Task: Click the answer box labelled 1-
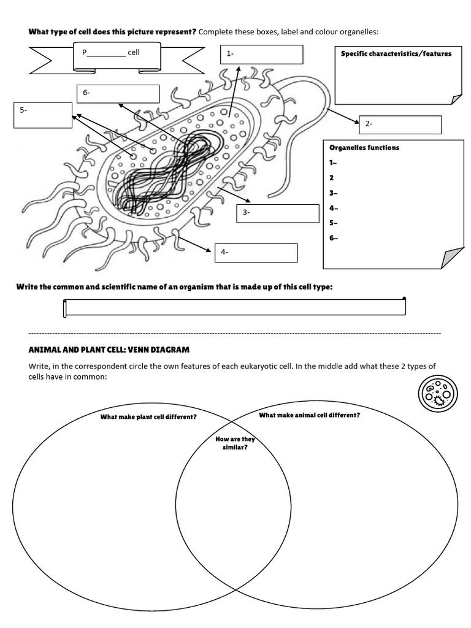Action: tap(262, 54)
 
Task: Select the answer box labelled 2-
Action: tap(400, 124)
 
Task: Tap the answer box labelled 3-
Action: tap(278, 213)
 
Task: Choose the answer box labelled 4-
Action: tap(256, 253)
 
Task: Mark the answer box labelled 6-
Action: tap(118, 93)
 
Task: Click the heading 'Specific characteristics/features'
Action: tap(396, 54)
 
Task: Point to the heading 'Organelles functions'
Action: tap(364, 148)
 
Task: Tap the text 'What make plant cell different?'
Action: tap(148, 417)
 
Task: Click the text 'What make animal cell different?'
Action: tap(309, 415)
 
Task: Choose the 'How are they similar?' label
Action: tap(235, 443)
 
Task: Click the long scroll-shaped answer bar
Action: tap(234, 307)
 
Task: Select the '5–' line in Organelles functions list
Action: tap(334, 223)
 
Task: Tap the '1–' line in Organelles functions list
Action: tap(334, 163)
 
